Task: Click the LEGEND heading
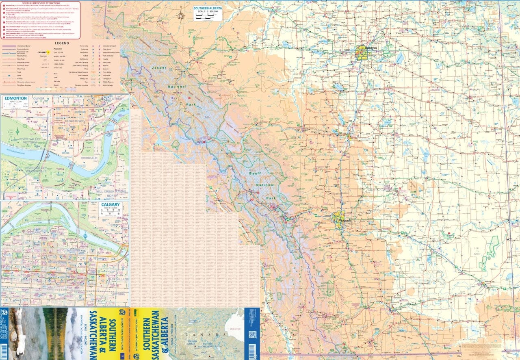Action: [62, 43]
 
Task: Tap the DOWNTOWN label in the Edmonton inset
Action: [74, 121]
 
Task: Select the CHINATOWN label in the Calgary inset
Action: [71, 251]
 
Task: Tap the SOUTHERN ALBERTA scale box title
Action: [208, 9]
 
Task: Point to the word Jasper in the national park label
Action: [159, 67]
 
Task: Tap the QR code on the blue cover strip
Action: [252, 334]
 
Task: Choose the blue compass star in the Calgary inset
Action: [86, 235]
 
